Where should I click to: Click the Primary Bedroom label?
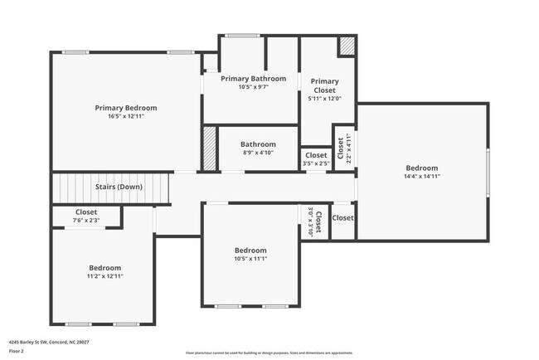tap(125, 108)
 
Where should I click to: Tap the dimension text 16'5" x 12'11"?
tap(125, 117)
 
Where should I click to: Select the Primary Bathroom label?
tap(253, 79)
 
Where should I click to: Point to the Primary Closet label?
tap(324, 85)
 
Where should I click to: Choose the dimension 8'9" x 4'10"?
tap(258, 153)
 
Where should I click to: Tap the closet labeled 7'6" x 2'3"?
tap(87, 216)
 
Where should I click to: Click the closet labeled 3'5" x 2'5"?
tap(316, 158)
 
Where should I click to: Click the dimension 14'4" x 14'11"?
tap(421, 176)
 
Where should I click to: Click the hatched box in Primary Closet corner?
tap(347, 46)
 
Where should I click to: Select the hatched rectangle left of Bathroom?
tap(210, 148)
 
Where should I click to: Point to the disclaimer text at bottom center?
tap(269, 352)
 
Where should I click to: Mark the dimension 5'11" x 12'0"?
tap(324, 99)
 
